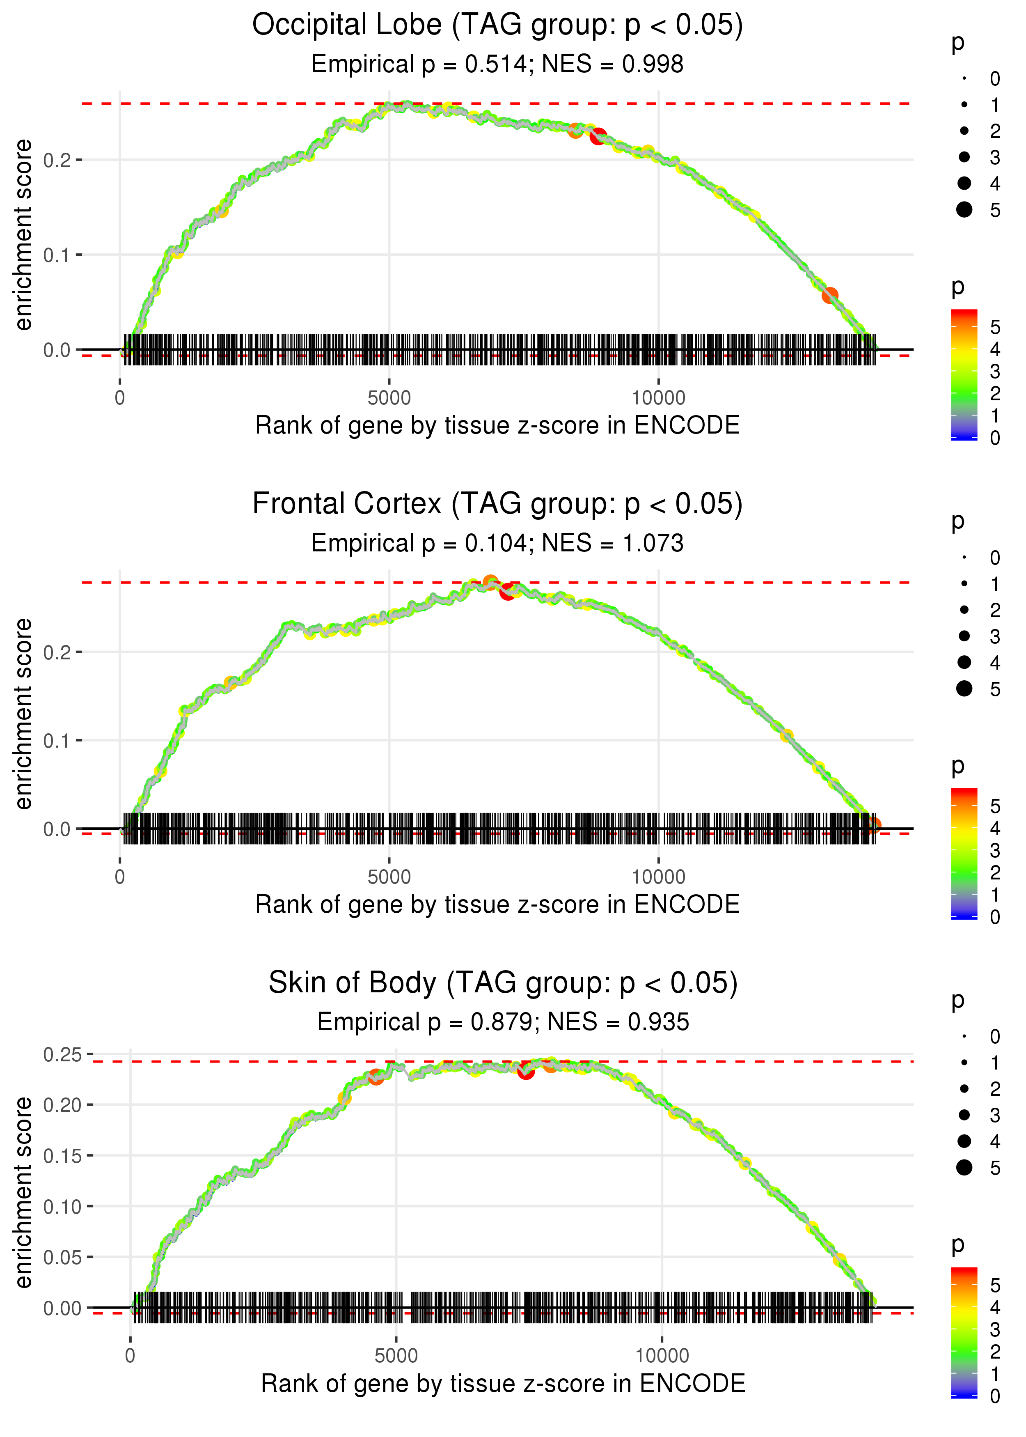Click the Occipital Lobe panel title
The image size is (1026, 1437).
497,25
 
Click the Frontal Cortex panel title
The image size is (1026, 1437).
497,504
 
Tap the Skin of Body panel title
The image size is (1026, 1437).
503,983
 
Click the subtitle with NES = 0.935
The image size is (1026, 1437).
503,1022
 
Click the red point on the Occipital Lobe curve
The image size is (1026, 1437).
598,136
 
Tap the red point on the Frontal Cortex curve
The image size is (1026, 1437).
507,592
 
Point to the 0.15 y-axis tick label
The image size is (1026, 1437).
63,1156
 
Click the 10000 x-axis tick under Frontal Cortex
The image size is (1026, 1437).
658,877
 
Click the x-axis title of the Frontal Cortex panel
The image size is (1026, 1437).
497,904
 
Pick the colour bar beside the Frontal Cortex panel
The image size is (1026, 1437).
964,853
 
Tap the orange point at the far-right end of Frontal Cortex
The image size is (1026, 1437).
873,825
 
